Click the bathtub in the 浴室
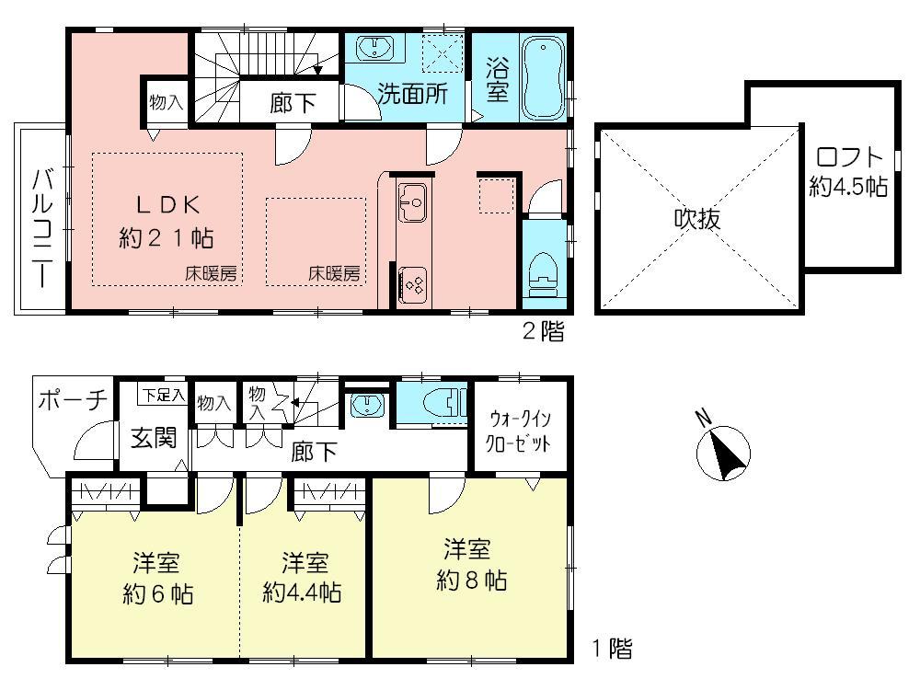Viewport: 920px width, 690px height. (544, 78)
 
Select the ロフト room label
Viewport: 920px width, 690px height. (847, 157)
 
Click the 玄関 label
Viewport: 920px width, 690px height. (153, 438)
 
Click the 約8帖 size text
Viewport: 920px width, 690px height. (471, 581)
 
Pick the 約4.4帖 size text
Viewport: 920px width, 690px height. (302, 592)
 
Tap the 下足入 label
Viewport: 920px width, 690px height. (162, 396)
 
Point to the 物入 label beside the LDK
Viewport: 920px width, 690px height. (166, 103)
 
